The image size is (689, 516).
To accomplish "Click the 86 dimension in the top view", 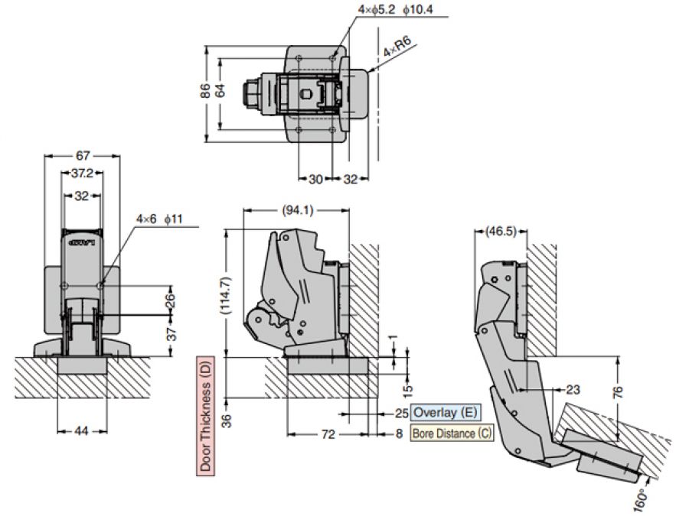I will [x=204, y=90].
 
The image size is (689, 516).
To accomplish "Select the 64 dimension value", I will [x=220, y=90].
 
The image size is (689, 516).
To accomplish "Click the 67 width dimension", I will [x=83, y=156].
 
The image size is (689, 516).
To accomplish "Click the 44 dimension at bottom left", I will [x=80, y=432].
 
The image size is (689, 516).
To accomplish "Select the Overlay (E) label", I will [x=445, y=413].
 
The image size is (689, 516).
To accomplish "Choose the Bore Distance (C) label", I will [x=452, y=433].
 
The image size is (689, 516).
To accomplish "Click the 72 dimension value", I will [x=328, y=433].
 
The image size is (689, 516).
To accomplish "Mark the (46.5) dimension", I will [x=500, y=229].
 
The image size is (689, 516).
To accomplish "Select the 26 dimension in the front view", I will [x=170, y=302].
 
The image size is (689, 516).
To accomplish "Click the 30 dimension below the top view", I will [x=315, y=179].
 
